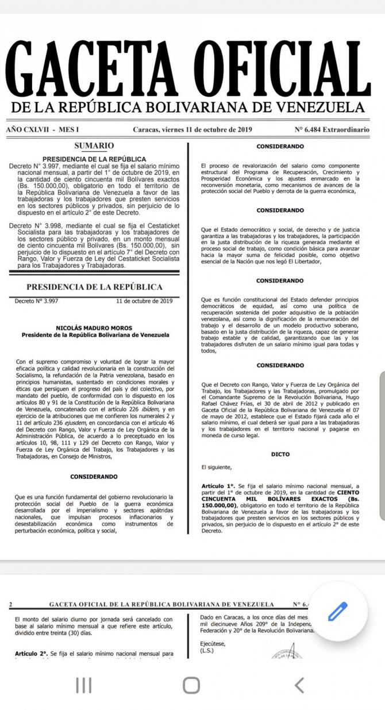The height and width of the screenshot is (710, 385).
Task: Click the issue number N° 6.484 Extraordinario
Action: tap(332, 130)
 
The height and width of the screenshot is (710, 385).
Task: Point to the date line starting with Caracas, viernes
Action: tap(192, 130)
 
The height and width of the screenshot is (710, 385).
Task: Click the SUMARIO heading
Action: tap(94, 146)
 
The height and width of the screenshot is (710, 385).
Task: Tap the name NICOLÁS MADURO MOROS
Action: tap(95, 328)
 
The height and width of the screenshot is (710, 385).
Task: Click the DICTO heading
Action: tap(280, 454)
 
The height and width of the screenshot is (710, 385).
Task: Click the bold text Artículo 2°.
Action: tap(30, 654)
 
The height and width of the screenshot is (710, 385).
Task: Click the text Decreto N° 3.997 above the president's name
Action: tap(34, 300)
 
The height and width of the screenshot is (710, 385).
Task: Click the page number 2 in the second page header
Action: tap(11, 604)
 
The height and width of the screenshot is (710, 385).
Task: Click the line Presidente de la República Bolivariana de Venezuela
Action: tap(95, 334)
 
